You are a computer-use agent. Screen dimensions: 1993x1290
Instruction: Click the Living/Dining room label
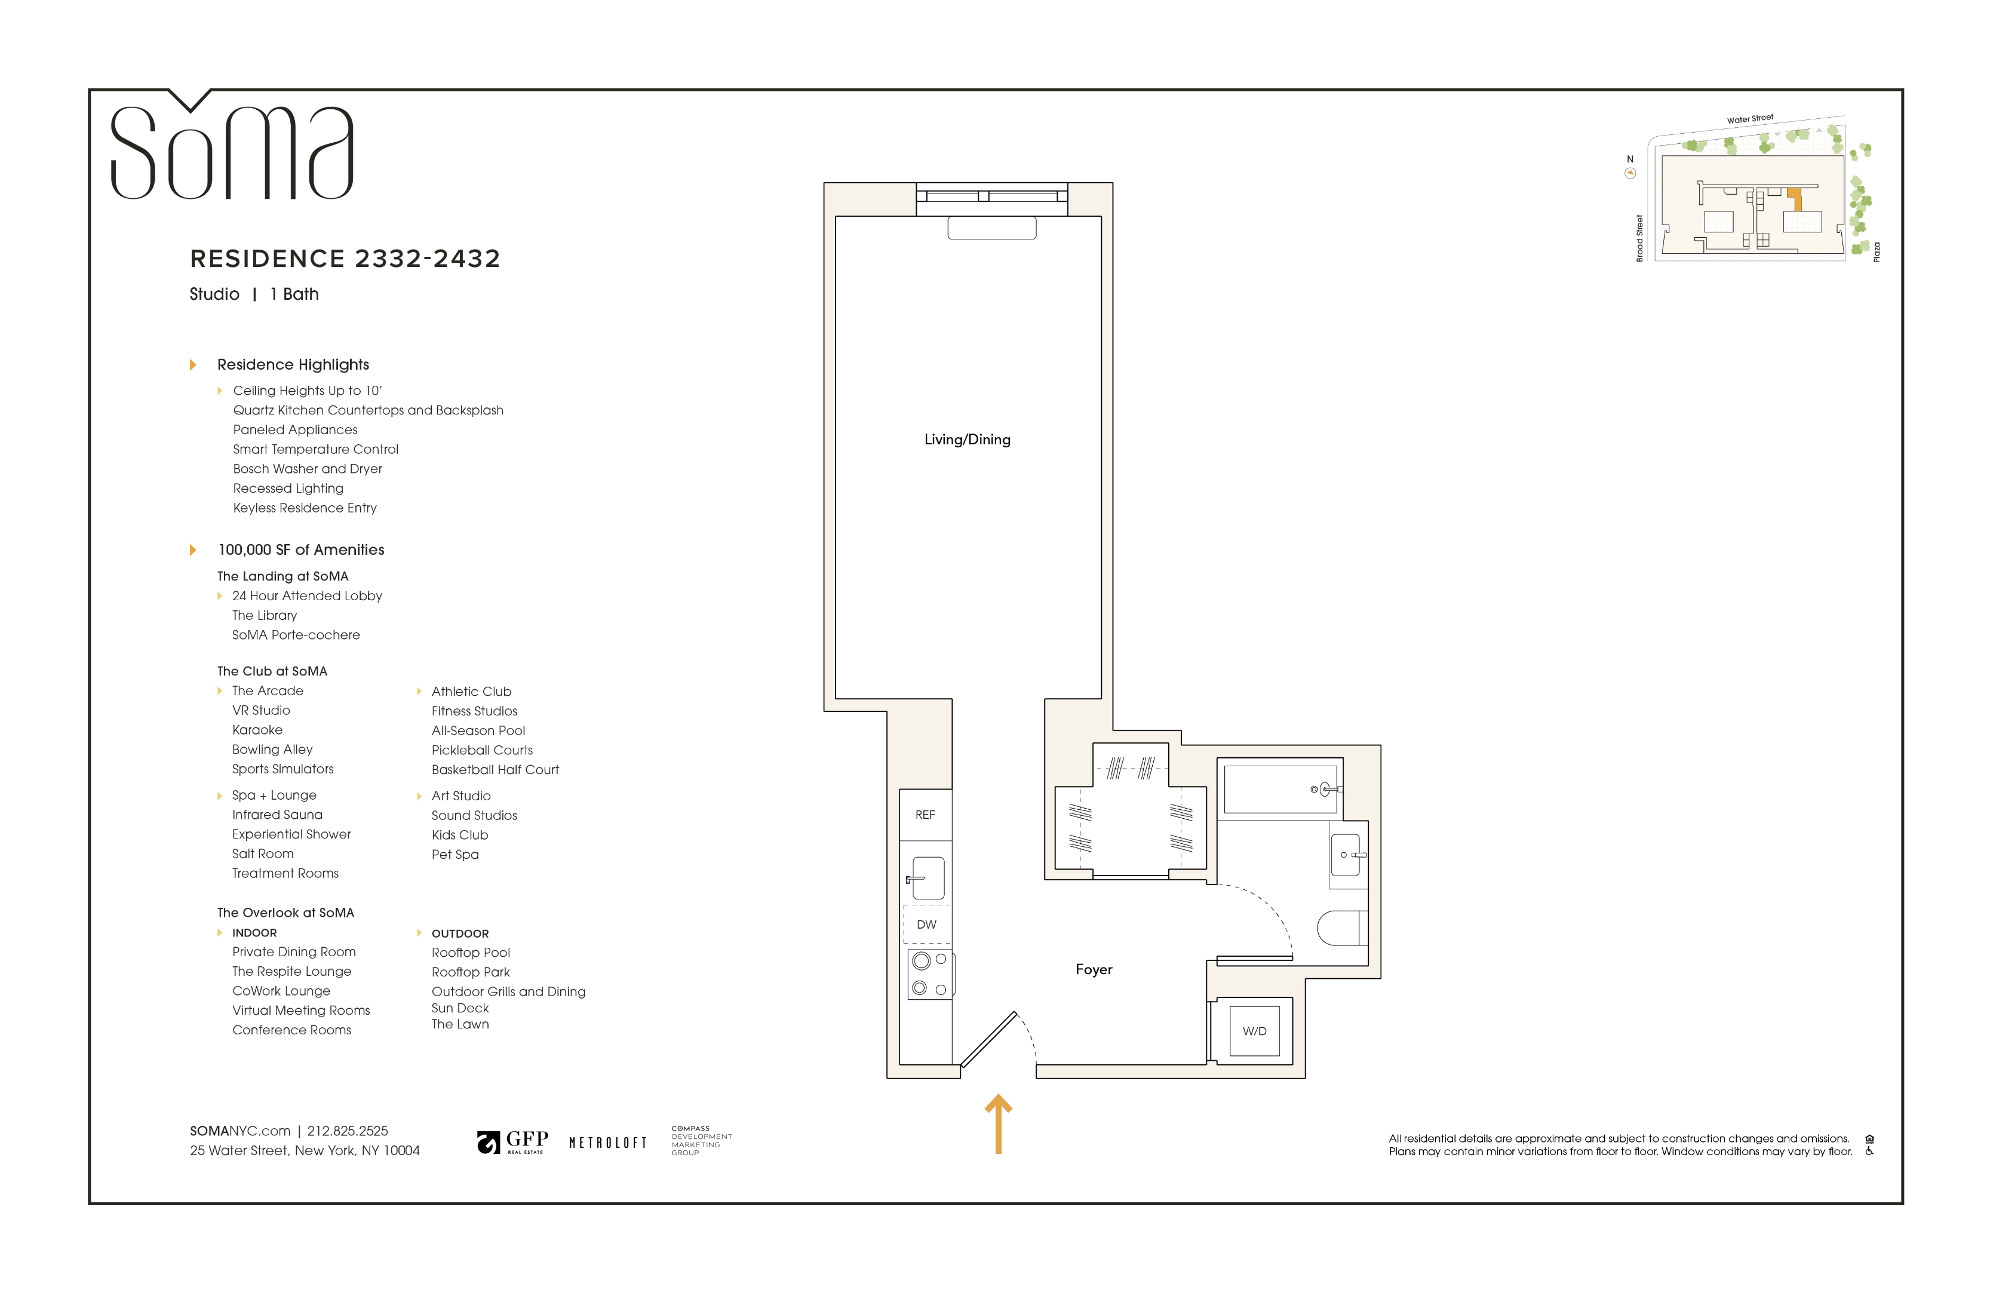(x=967, y=440)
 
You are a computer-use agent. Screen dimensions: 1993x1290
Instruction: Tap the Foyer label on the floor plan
(x=1094, y=969)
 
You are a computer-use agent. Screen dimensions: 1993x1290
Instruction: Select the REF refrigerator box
(x=925, y=815)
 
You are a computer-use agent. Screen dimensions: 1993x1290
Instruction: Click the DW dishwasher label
(x=926, y=924)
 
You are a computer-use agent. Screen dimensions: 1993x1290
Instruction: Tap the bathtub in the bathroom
(x=1280, y=788)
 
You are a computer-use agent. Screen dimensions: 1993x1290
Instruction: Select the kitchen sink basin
(x=928, y=877)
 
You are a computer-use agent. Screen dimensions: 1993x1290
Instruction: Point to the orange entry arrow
(x=998, y=1124)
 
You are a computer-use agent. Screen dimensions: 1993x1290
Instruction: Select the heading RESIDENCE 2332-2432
(x=345, y=259)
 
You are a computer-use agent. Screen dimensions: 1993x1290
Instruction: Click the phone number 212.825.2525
(x=348, y=1131)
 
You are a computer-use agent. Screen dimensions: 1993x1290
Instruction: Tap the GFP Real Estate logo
(x=512, y=1142)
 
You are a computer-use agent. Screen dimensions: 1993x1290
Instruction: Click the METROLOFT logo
(x=608, y=1142)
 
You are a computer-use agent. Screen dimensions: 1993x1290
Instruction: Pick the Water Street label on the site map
(x=1749, y=119)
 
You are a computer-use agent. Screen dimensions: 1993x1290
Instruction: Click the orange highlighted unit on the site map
(x=1795, y=200)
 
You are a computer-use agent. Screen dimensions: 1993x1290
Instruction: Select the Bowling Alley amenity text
(x=272, y=750)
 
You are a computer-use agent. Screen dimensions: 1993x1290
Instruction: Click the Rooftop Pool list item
(x=471, y=953)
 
